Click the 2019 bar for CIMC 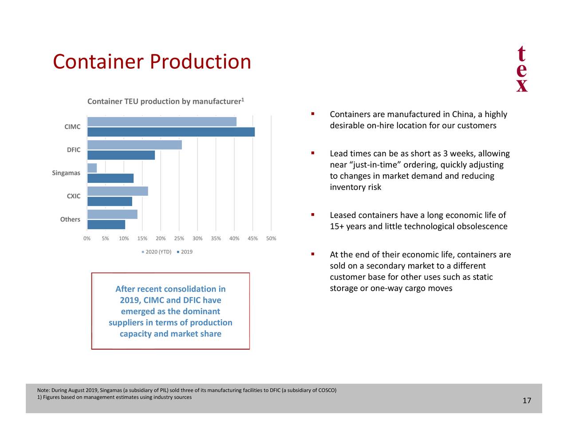pyautogui.click(x=171, y=132)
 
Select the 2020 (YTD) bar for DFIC pyautogui.click(x=134, y=145)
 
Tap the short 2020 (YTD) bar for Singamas pyautogui.click(x=92, y=168)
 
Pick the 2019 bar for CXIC pyautogui.click(x=110, y=202)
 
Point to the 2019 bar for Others pyautogui.click(x=106, y=225)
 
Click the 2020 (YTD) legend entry pyautogui.click(x=156, y=252)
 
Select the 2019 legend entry pyautogui.click(x=185, y=252)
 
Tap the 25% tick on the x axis pyautogui.click(x=179, y=238)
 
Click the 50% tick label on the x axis pyautogui.click(x=271, y=238)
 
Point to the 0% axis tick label pyautogui.click(x=87, y=238)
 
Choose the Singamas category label pyautogui.click(x=66, y=173)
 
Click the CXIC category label pyautogui.click(x=74, y=196)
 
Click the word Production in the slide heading pyautogui.click(x=200, y=62)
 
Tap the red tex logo pyautogui.click(x=522, y=69)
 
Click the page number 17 pyautogui.click(x=527, y=401)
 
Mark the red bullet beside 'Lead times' pyautogui.click(x=313, y=153)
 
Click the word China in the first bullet pyautogui.click(x=463, y=115)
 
